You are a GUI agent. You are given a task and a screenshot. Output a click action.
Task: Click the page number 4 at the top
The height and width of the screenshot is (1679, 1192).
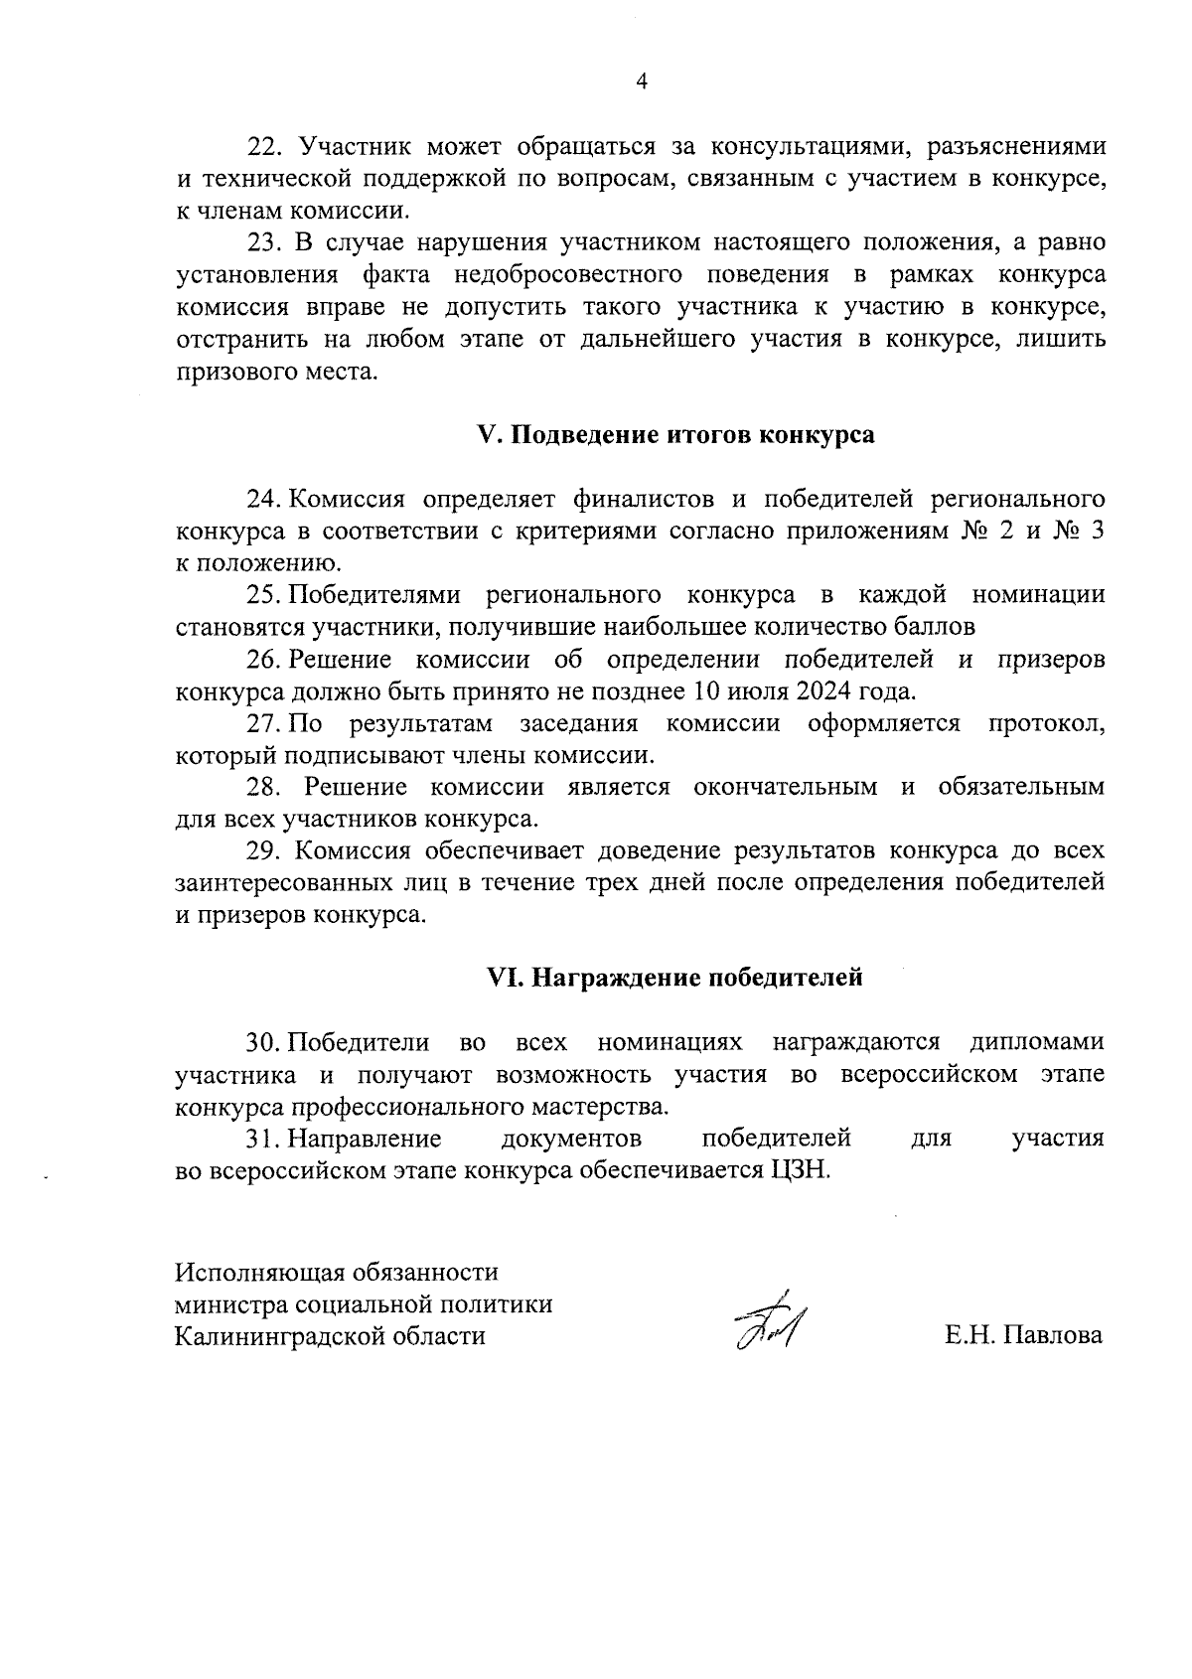click(641, 82)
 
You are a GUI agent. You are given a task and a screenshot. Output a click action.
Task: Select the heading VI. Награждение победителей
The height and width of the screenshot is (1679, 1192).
click(674, 978)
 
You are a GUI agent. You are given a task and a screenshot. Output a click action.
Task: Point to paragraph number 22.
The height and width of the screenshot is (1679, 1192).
click(264, 147)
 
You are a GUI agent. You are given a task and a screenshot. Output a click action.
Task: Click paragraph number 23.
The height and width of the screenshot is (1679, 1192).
click(264, 243)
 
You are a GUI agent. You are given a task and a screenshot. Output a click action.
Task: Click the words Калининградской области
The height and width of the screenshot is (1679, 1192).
click(330, 1336)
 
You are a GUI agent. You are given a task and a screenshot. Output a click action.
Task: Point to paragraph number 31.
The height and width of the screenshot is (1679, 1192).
click(263, 1139)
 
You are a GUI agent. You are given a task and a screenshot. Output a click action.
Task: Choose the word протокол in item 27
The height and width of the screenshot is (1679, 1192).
click(1046, 724)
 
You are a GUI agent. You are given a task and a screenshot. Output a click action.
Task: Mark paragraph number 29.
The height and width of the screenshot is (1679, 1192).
click(264, 851)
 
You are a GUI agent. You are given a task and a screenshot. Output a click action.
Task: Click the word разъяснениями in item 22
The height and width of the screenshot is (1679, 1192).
click(1015, 147)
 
